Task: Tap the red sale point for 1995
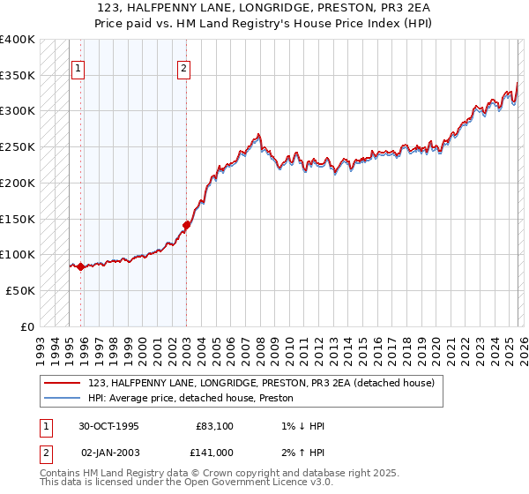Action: [x=81, y=266]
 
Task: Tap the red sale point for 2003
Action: [x=187, y=225]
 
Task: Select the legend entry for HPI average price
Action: [x=194, y=398]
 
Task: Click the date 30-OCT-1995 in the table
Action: [x=109, y=426]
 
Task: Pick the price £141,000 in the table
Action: [x=214, y=452]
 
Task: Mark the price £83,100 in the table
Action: [x=214, y=426]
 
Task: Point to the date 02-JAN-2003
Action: [x=109, y=452]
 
